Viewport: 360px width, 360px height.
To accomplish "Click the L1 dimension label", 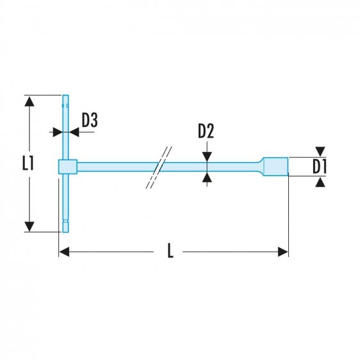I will point(27,164).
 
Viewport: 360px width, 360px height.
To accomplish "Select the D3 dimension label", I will point(90,120).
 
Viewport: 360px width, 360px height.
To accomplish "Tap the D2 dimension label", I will point(206,131).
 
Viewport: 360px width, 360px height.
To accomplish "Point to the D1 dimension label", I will point(320,167).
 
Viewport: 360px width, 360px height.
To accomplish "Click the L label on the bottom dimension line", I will point(170,252).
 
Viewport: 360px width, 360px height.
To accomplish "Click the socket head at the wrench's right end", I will point(277,167).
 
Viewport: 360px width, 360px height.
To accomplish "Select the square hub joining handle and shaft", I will point(67,167).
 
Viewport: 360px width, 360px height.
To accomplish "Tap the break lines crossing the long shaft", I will point(160,167).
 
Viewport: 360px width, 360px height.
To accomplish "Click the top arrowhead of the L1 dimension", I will point(28,101).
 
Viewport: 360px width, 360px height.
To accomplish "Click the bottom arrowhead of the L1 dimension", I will point(28,226).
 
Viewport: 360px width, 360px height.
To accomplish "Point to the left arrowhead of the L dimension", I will point(63,252).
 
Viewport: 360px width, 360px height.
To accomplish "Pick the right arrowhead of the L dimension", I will point(283,252).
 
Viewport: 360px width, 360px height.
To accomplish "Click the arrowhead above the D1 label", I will point(320,152).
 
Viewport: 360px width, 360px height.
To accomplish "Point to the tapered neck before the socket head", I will point(259,167).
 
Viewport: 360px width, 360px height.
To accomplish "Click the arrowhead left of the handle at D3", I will point(56,131).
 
